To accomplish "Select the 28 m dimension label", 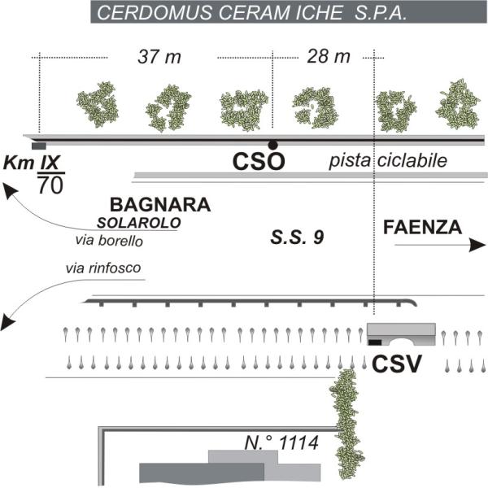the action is (329, 58).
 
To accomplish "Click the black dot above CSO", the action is (272, 145).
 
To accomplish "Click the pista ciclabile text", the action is (388, 162).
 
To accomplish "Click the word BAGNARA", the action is (160, 205).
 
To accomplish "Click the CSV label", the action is (397, 364).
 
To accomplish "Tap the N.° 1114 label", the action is (282, 443).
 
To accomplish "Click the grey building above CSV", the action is (403, 333).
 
